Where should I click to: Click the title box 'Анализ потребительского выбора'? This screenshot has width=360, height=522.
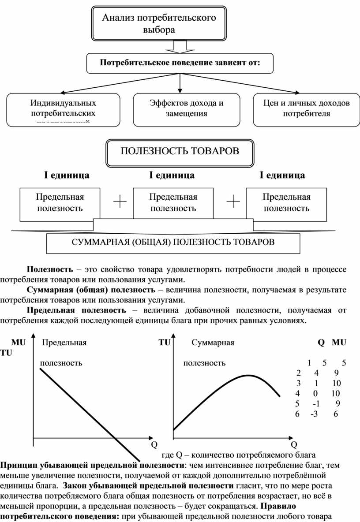(x=159, y=24)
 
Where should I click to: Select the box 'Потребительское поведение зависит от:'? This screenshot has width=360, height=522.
(x=180, y=63)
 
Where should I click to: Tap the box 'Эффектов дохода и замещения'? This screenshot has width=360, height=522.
(x=186, y=108)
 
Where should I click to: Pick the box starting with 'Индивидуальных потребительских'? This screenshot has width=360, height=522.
(x=63, y=108)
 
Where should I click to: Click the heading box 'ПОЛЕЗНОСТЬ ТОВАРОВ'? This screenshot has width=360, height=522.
(x=180, y=152)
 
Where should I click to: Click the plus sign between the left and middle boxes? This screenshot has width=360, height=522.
(x=120, y=203)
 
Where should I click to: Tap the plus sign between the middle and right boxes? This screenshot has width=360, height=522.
(x=233, y=203)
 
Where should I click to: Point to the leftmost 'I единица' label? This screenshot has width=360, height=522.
(x=66, y=175)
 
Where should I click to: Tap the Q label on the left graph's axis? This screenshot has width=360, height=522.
(x=154, y=444)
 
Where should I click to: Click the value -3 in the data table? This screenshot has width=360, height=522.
(x=314, y=414)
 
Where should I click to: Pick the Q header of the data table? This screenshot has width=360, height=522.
(x=321, y=342)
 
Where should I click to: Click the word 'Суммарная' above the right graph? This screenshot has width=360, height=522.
(x=213, y=342)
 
